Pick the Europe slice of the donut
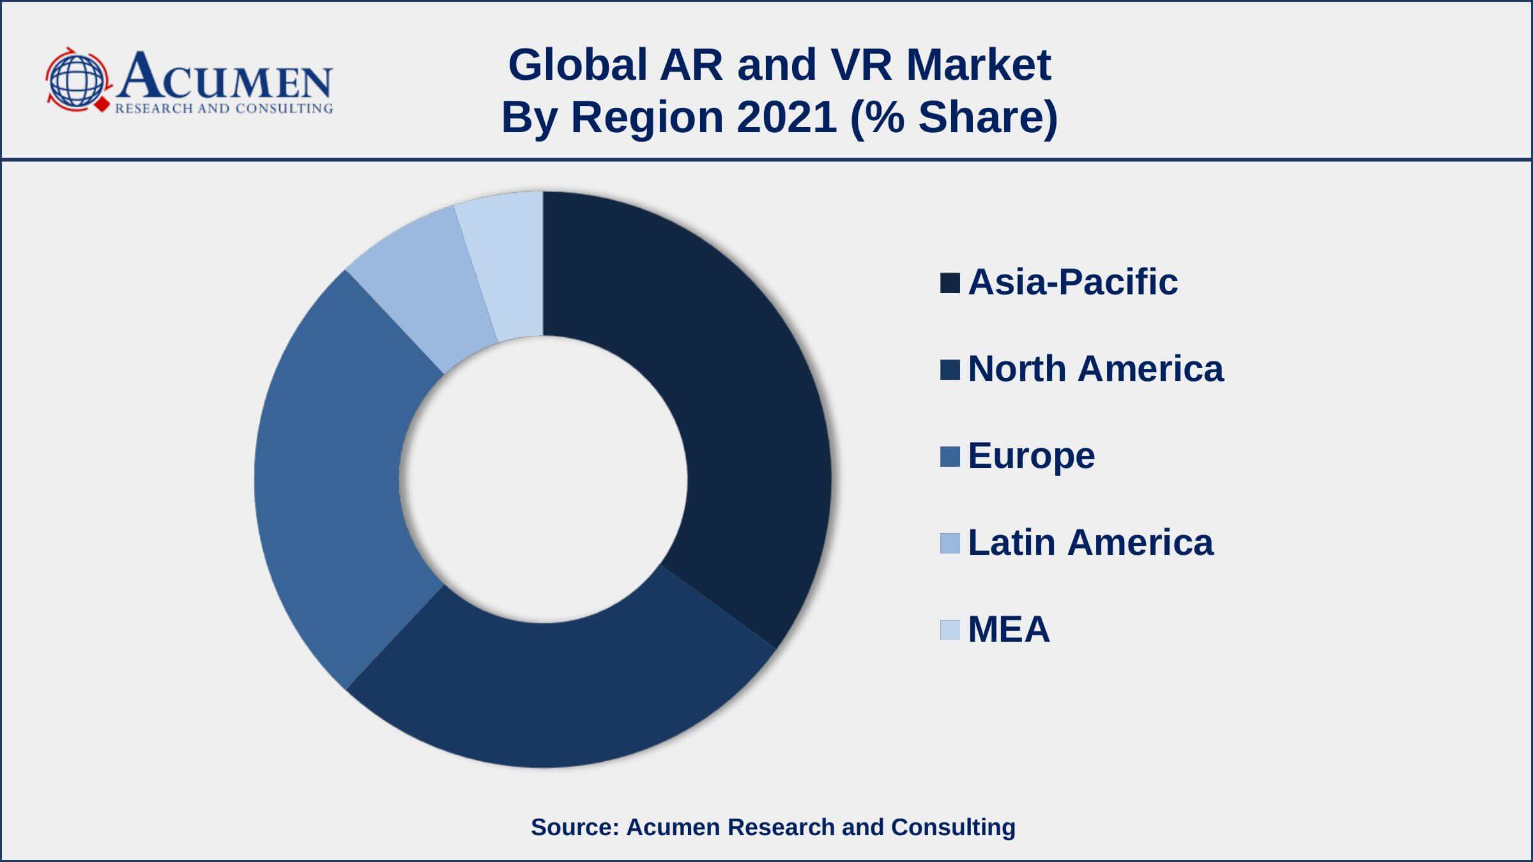click(332, 473)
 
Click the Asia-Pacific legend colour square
click(950, 283)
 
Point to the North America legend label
click(1095, 369)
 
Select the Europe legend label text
click(1031, 456)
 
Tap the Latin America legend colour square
click(950, 543)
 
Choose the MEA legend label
click(1009, 630)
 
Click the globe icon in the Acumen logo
click(77, 80)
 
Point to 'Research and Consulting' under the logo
click(224, 109)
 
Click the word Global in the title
click(577, 65)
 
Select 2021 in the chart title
click(786, 117)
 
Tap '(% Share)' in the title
click(954, 117)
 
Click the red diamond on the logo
click(102, 105)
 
